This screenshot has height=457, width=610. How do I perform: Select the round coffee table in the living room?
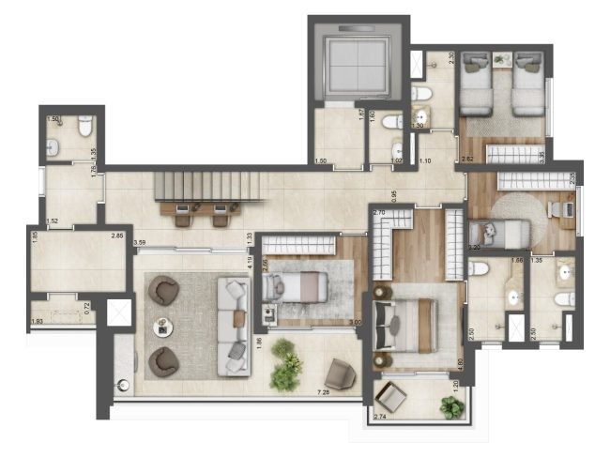tap(163, 328)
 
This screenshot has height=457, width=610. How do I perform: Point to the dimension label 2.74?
tap(382, 415)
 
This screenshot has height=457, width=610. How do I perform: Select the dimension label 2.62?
tap(466, 160)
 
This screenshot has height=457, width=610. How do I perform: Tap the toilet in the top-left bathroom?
tap(84, 126)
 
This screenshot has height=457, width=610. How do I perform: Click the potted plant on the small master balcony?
tap(452, 406)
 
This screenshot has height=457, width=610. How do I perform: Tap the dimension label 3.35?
tap(544, 156)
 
